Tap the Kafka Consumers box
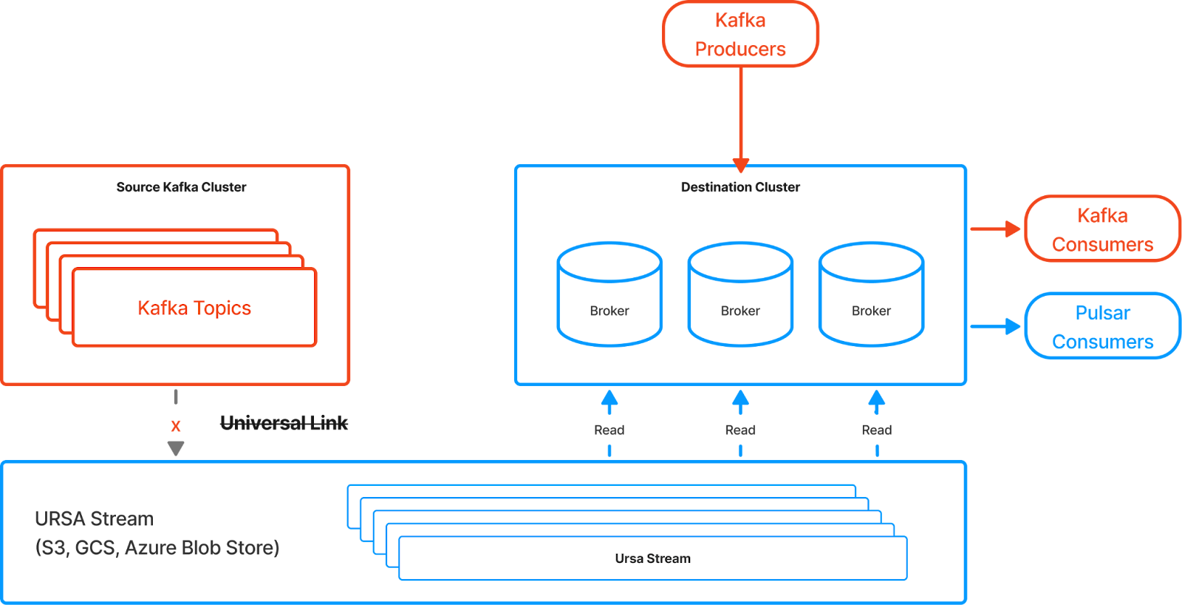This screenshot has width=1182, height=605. [x=1102, y=229]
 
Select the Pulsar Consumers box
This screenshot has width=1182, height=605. [x=1102, y=326]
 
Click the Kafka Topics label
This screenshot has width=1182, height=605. [x=194, y=308]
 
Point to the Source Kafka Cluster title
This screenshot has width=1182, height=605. [x=181, y=187]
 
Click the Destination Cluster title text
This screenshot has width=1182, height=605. [x=740, y=187]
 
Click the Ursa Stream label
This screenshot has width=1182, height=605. [x=653, y=558]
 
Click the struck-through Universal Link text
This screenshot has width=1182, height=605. [x=284, y=423]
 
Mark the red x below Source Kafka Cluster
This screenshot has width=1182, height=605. [x=176, y=426]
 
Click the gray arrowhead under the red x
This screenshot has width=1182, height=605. [x=176, y=448]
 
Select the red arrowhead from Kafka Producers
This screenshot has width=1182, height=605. [x=740, y=164]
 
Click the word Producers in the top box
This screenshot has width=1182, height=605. [x=740, y=50]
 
